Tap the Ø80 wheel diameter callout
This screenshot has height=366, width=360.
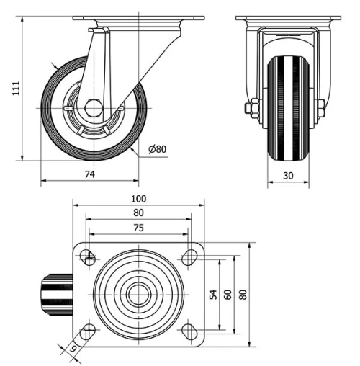(x=157, y=149)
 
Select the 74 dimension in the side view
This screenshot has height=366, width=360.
(x=90, y=174)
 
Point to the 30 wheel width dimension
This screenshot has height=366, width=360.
(x=289, y=174)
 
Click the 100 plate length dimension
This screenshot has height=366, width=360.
(x=138, y=199)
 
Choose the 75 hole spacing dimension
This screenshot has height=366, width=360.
(x=138, y=228)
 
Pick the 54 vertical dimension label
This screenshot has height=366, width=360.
(x=212, y=294)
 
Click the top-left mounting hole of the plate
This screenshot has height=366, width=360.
(x=89, y=257)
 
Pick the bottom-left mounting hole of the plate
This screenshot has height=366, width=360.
(x=89, y=331)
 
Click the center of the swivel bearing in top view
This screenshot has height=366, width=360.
(x=138, y=294)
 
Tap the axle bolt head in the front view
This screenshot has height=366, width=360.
(x=252, y=109)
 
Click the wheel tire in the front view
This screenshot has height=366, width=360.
(x=289, y=108)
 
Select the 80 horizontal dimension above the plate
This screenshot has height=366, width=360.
(x=138, y=213)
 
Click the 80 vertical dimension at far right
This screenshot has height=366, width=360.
(x=243, y=294)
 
